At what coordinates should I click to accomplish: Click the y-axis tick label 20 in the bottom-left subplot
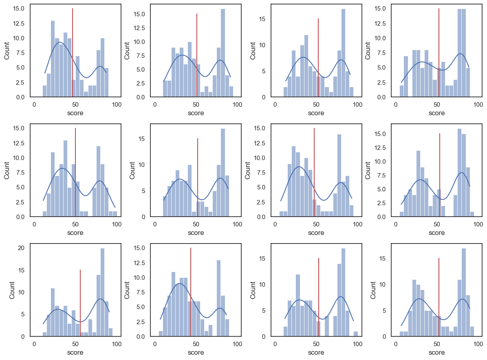21,248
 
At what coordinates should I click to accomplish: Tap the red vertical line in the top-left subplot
72,53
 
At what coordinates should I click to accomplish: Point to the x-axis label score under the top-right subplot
436,113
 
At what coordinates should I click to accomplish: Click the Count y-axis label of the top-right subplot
368,50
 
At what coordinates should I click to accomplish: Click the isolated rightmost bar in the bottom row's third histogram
356,334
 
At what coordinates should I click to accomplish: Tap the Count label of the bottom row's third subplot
253,290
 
